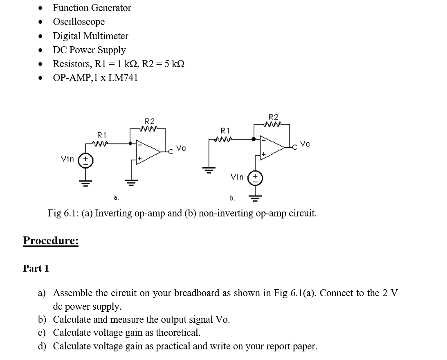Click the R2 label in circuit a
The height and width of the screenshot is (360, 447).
[x=150, y=121]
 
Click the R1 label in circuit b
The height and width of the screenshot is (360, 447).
[x=225, y=131]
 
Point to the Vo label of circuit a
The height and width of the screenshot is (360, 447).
[x=181, y=148]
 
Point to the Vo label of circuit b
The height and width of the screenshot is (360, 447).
[x=305, y=144]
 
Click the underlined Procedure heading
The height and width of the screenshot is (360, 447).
[x=51, y=241]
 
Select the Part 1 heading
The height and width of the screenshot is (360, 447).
[x=36, y=268]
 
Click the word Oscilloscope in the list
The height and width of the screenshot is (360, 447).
[x=79, y=22]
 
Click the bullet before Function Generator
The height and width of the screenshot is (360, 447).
[x=40, y=8]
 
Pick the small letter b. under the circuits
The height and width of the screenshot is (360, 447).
[x=232, y=198]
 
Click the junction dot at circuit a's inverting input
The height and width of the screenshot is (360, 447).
[x=130, y=144]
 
